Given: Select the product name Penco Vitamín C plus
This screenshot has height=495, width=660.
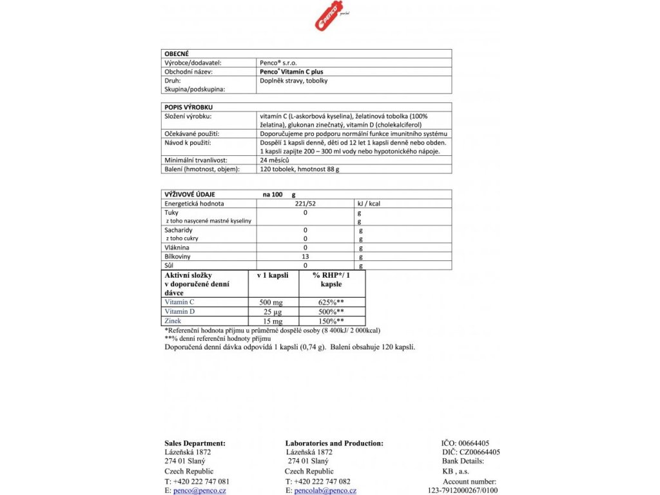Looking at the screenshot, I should click(287, 72).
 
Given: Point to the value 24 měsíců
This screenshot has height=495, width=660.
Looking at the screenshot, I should click(274, 160).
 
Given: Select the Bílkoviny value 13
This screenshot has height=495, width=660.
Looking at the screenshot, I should click(306, 256).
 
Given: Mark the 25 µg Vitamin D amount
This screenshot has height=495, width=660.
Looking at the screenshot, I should click(273, 311).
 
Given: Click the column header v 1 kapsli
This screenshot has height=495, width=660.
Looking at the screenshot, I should click(273, 275).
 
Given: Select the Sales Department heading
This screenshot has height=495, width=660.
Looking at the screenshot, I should click(195, 443).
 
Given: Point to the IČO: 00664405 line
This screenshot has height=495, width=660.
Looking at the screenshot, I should click(465, 443).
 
